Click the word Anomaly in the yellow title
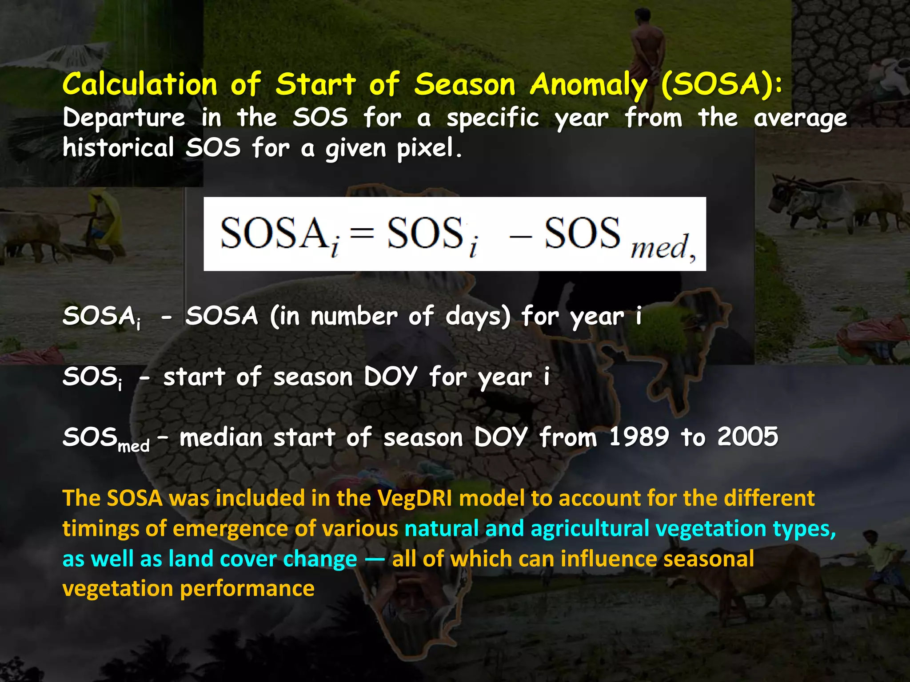589,84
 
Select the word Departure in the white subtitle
124,118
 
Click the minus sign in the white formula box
520,236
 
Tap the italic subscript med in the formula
659,247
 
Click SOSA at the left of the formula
273,234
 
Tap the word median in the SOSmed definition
221,437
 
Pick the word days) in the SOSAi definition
478,317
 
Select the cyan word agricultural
590,528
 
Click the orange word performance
247,588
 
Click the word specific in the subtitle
493,118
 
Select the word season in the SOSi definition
313,377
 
